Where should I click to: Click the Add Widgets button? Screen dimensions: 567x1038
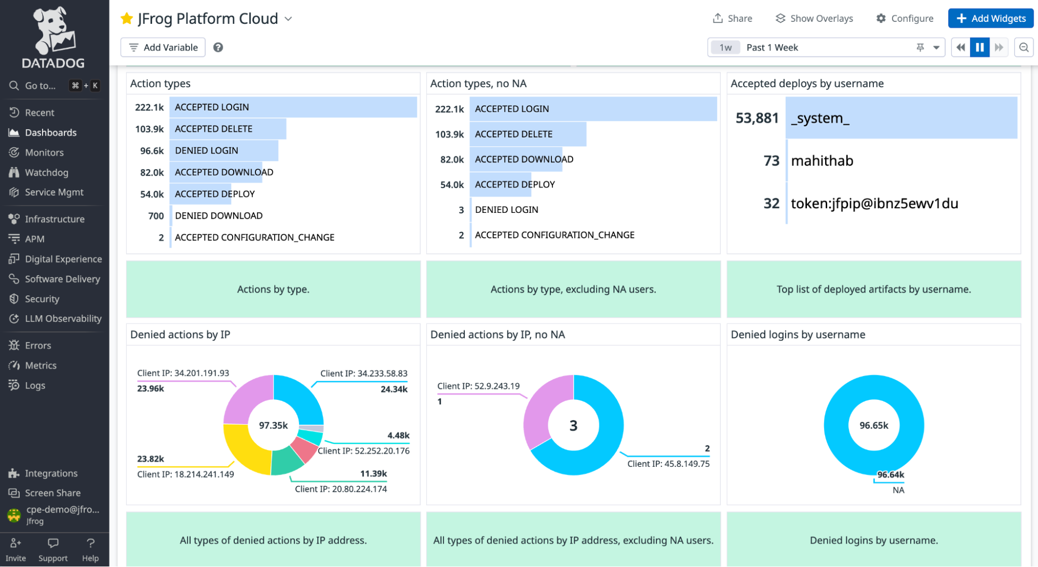click(990, 18)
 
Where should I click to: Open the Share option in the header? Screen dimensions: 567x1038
click(732, 18)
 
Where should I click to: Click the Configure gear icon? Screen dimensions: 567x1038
click(881, 18)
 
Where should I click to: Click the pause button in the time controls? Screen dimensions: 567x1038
click(979, 47)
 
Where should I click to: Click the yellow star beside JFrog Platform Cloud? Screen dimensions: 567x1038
click(126, 19)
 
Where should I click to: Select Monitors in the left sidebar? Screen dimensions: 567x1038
click(44, 152)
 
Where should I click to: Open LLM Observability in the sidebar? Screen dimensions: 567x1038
click(63, 318)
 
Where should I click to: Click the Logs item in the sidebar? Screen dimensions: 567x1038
click(35, 385)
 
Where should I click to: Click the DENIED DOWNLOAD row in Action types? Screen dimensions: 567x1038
click(219, 215)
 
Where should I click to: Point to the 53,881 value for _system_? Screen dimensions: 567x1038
click(757, 118)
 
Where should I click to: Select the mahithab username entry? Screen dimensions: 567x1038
click(821, 160)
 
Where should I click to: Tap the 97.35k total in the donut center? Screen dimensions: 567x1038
click(273, 425)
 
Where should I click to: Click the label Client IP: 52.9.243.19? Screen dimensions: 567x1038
click(478, 386)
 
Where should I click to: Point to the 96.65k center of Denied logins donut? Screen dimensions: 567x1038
click(873, 425)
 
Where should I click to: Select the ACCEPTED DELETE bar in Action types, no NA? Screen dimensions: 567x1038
click(528, 134)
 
